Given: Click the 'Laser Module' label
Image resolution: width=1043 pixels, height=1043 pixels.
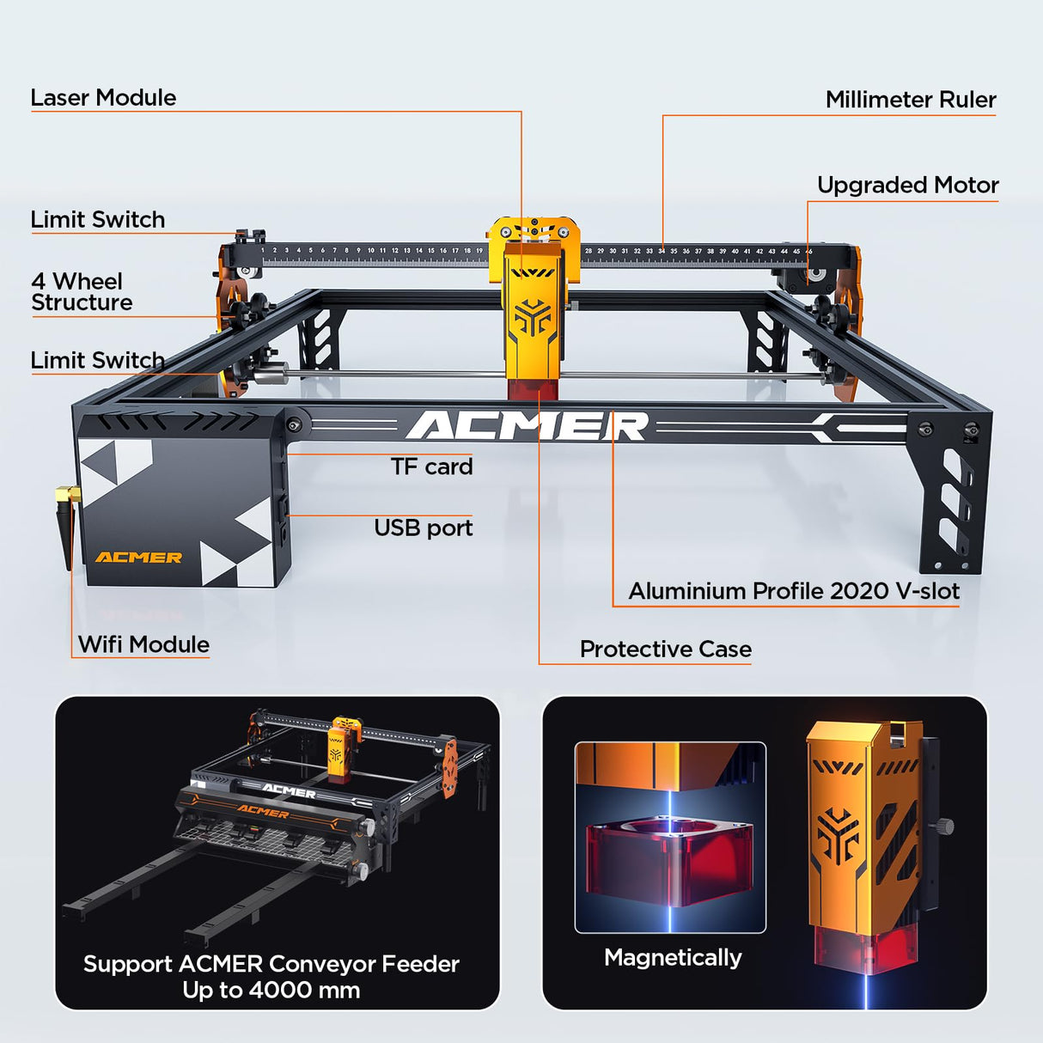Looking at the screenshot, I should point(103,98).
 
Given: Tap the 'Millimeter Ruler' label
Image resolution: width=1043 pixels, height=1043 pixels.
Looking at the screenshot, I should point(910,100).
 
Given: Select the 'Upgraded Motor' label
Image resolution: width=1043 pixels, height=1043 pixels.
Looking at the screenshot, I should point(907,186).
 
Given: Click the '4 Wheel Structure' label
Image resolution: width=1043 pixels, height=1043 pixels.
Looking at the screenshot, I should point(82,292).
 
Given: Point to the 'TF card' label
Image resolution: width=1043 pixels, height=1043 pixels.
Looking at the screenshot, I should point(431,467).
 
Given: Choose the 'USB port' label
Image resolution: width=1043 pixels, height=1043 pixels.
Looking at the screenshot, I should point(423,528).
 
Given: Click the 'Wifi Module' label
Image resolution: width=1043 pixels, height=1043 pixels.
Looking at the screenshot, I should point(143,644).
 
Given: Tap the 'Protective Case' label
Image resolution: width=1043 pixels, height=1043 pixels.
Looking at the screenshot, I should point(665,650).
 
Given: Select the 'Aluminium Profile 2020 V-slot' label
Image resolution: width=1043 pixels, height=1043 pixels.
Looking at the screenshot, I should point(793,591).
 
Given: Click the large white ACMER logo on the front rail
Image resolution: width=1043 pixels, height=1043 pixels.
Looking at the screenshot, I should point(527,426).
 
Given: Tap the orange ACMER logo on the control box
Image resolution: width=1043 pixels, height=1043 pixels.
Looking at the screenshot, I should point(138,558).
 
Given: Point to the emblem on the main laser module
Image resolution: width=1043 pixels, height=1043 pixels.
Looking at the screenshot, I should point(533,317).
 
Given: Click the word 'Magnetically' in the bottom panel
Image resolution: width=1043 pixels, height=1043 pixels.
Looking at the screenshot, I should point(673,957).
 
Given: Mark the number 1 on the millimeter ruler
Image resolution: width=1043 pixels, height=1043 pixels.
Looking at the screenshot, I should point(263,250).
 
